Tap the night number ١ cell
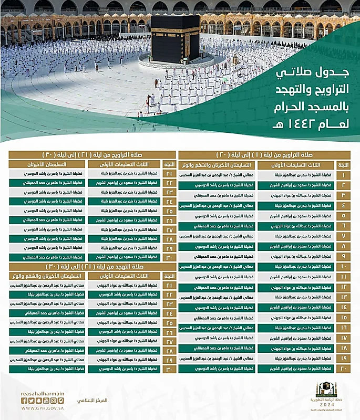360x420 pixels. point(344,175)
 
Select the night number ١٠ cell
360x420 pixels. point(344,266)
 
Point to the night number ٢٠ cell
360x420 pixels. point(344,369)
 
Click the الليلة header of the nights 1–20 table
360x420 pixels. point(344,165)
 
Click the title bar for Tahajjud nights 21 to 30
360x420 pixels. point(91,266)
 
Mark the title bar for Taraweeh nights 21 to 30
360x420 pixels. point(91,155)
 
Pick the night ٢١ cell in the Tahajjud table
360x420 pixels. point(169,285)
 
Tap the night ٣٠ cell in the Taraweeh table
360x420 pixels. point(169,258)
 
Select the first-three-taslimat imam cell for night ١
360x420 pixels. point(296,175)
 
